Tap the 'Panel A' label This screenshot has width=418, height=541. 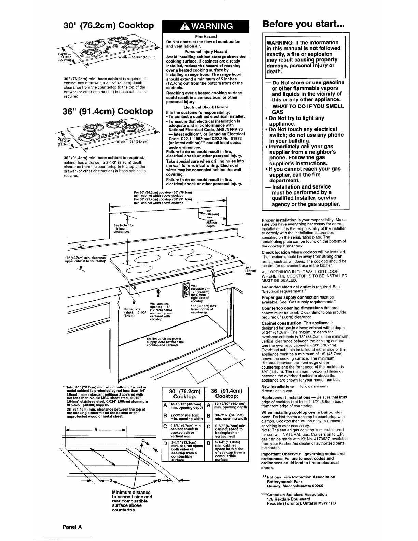pyautogui.click(x=72, y=526)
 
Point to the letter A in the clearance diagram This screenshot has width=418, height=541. pyautogui.click(x=103, y=457)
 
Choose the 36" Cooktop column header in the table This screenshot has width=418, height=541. pyautogui.click(x=226, y=394)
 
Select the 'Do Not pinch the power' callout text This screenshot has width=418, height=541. pyautogui.click(x=164, y=339)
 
